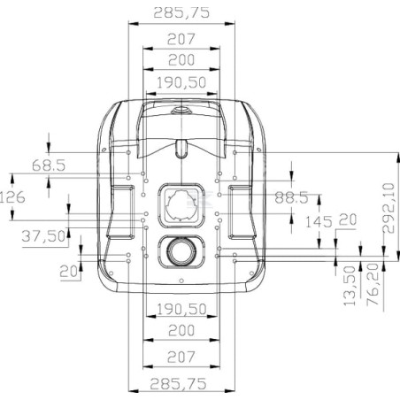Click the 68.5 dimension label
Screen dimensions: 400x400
[x=49, y=165]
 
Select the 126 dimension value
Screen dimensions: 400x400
[x=12, y=197]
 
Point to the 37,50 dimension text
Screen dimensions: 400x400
[x=43, y=236]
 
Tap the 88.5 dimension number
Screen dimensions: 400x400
[x=291, y=197]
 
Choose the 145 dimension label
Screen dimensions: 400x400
[x=319, y=222]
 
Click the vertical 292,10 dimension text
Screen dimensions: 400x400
[x=389, y=208]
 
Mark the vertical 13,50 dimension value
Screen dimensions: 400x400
[x=350, y=286]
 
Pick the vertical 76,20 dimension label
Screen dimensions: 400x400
[x=372, y=284]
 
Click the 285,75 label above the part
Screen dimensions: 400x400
[x=181, y=12]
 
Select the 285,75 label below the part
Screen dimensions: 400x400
[x=178, y=384]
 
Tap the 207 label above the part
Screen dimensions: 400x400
[x=181, y=39]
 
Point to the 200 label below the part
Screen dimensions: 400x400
[x=181, y=330]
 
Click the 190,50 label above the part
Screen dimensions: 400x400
[x=181, y=82]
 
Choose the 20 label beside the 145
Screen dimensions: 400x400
[x=348, y=219]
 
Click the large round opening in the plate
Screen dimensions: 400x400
[x=181, y=251]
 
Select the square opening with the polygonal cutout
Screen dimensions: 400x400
[x=181, y=205]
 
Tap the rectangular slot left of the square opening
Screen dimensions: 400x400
[x=122, y=212]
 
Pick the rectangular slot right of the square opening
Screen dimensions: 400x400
[x=241, y=212]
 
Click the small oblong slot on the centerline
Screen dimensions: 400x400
[x=181, y=149]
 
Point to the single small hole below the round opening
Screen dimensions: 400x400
[x=181, y=281]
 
